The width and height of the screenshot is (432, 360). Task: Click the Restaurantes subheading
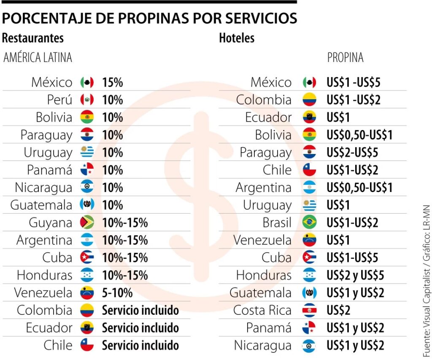[33, 38]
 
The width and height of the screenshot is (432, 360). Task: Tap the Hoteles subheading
[237, 38]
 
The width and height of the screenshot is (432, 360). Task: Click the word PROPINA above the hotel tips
[345, 57]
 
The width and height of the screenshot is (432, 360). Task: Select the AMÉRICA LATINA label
[38, 57]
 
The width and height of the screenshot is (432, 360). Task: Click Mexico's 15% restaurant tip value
[112, 82]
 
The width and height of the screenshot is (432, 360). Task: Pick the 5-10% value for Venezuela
[117, 292]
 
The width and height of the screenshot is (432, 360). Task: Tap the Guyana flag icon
[87, 222]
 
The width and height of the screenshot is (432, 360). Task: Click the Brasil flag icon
[309, 222]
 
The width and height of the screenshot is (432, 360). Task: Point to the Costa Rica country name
[262, 310]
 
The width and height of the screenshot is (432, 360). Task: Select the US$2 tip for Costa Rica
[338, 310]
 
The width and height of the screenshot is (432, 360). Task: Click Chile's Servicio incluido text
[140, 345]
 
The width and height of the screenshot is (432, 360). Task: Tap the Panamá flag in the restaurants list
[87, 170]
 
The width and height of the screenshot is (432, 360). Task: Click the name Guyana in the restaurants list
[51, 222]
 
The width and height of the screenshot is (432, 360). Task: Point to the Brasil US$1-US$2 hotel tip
[352, 222]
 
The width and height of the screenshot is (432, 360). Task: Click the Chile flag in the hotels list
[309, 170]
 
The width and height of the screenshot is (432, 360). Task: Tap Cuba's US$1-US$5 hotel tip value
[352, 257]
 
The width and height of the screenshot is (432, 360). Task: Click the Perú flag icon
[87, 100]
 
